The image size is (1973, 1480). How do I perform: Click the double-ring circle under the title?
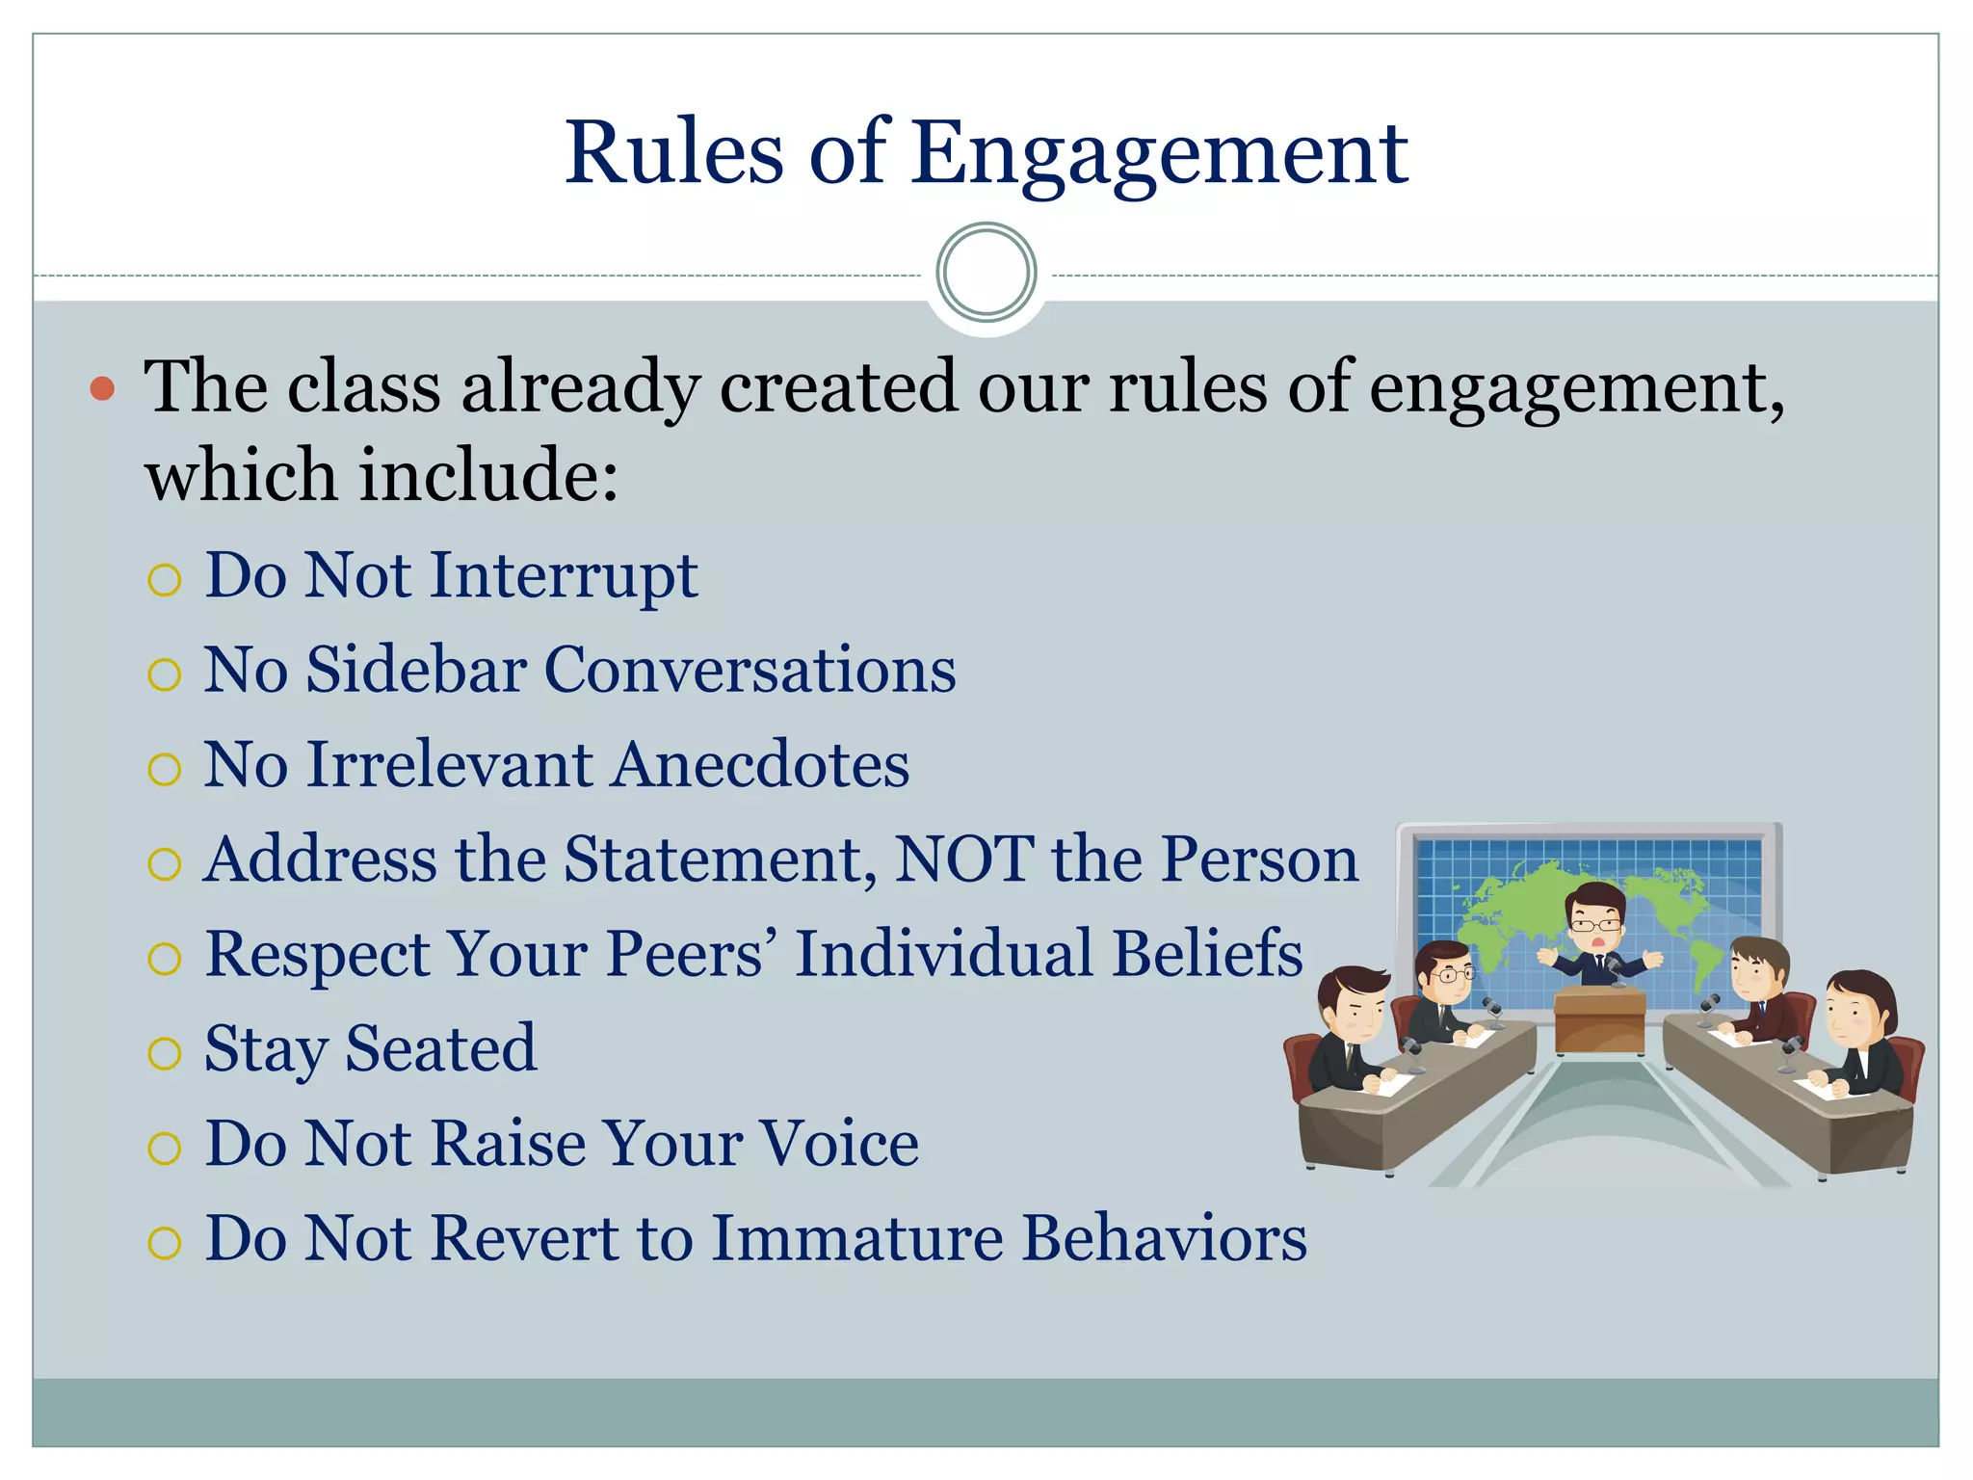[x=986, y=273]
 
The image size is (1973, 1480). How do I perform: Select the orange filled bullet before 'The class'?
[x=102, y=389]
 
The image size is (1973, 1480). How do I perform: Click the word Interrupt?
[x=564, y=576]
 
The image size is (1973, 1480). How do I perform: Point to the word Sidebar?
[x=415, y=670]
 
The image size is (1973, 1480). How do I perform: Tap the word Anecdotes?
[x=760, y=765]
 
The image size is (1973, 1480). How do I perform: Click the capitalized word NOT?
[x=963, y=859]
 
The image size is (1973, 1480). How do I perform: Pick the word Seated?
[x=440, y=1048]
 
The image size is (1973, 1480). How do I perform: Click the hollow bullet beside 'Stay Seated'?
[x=165, y=1053]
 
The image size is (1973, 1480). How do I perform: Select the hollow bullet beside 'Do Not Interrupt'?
[x=165, y=580]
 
